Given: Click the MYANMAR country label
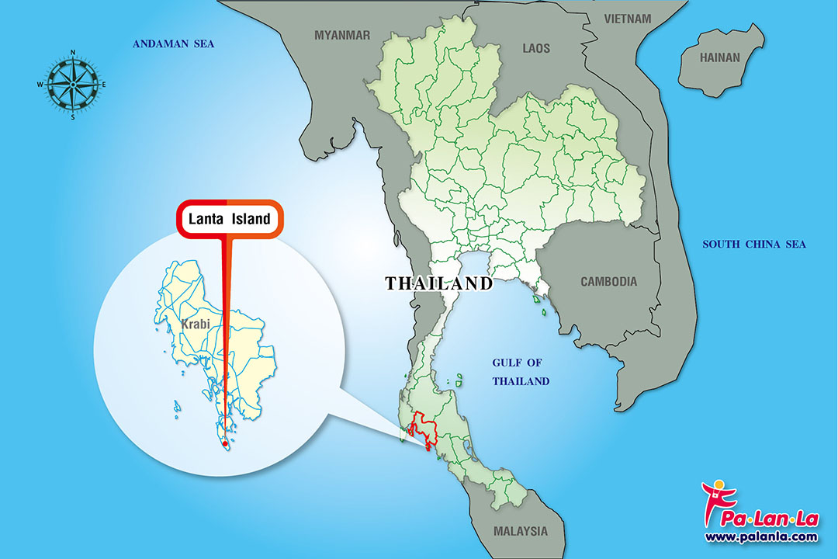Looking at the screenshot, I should [342, 35].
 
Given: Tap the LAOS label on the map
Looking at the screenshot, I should [535, 48].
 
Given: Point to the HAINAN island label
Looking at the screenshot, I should [720, 57].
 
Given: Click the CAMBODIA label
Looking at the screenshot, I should [609, 282].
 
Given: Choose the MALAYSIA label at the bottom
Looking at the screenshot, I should [520, 532].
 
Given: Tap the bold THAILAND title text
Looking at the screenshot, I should [439, 283].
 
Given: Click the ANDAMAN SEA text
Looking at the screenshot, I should [173, 44].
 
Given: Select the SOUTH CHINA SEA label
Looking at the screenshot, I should [754, 245].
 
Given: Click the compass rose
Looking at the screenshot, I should [72, 84].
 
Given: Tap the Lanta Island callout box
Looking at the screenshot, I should [230, 220].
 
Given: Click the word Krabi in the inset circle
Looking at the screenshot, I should [196, 324].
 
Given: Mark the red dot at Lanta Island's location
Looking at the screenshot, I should [225, 444].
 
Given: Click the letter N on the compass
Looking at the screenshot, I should [72, 53].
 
